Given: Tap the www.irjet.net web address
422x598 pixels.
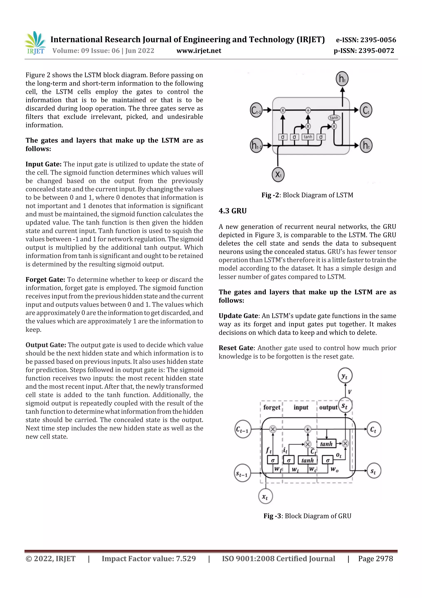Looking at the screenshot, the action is [x=199, y=51].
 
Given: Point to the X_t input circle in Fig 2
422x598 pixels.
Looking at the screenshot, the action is [x=278, y=174].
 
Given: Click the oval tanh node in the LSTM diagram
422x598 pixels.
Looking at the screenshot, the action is [x=334, y=118].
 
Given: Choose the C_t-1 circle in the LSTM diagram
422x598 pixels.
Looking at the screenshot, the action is [x=256, y=110].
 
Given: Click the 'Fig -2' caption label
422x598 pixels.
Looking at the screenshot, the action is [x=271, y=195].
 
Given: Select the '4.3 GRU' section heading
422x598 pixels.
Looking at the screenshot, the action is [x=233, y=211].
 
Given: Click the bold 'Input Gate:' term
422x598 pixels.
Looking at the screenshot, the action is [x=44, y=164].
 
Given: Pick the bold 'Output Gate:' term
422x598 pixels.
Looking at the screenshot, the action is [x=46, y=345].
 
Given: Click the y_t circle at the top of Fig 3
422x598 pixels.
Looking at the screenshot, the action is [x=345, y=376].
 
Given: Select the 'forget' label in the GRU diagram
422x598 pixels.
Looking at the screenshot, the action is [x=272, y=407].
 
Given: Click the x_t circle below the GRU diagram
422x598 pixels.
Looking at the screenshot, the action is [x=265, y=497].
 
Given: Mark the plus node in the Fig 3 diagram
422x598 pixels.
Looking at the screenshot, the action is [x=308, y=429].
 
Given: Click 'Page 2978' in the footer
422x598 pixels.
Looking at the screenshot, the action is [x=375, y=559].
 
